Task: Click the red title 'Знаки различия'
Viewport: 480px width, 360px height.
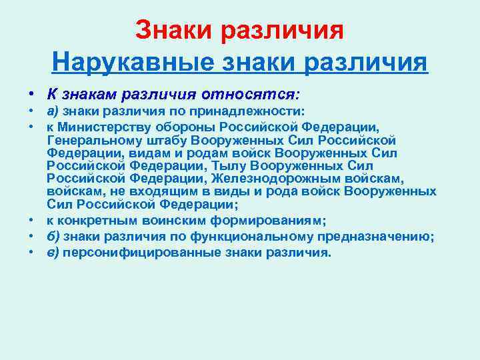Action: [x=239, y=29]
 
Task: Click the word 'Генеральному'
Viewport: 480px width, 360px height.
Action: [x=90, y=140]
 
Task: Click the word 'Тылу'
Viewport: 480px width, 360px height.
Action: [x=231, y=165]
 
